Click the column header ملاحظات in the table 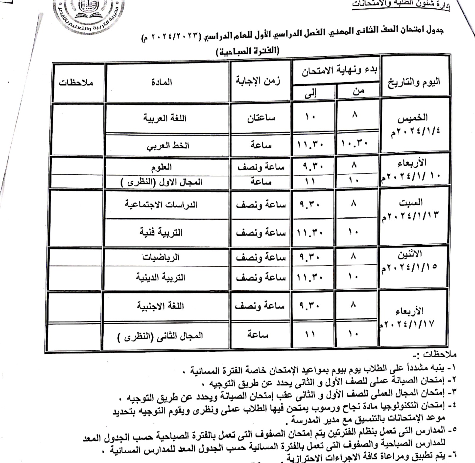click(76, 82)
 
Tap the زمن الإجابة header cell click(258, 81)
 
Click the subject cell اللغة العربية click(165, 118)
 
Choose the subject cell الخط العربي click(168, 146)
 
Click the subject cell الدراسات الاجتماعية click(161, 205)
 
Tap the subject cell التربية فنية click(161, 232)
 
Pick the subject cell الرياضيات click(161, 257)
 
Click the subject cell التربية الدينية click(161, 277)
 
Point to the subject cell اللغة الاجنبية click(160, 306)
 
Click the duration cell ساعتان click(261, 118)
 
